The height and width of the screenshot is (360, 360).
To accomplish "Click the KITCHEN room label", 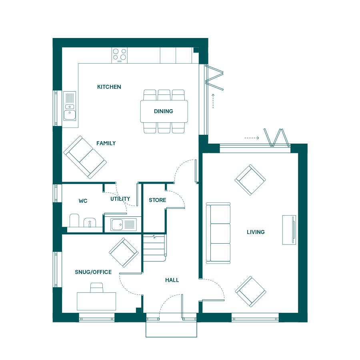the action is (x=109, y=87).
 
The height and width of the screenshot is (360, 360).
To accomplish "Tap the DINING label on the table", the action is (x=164, y=111).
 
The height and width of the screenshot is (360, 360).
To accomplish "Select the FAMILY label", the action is (x=106, y=143).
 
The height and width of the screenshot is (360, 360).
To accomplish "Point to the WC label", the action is (x=83, y=201).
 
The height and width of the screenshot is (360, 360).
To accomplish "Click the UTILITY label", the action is (x=120, y=199).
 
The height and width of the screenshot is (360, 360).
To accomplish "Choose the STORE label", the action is (x=158, y=200).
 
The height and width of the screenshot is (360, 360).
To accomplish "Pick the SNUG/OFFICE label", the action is (x=93, y=272).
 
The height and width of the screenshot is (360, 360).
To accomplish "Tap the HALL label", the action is (x=172, y=280).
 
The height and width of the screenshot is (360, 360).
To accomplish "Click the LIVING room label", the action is (x=256, y=232).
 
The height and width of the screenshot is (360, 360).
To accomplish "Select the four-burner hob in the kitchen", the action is (x=119, y=55).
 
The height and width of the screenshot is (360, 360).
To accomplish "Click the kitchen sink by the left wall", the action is (x=70, y=106).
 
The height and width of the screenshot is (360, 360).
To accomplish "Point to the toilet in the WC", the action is (x=74, y=220).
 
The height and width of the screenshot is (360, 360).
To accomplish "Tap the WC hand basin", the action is (x=90, y=222).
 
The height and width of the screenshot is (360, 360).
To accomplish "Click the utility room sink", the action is (x=124, y=224).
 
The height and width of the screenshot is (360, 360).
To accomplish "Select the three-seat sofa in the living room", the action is (x=218, y=233).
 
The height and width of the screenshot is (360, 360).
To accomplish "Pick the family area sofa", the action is (x=85, y=157).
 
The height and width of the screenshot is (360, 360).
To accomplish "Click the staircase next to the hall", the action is (x=154, y=248).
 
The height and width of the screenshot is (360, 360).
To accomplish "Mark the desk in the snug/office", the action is (x=96, y=301).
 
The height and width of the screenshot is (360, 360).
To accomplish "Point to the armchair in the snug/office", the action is (x=124, y=252).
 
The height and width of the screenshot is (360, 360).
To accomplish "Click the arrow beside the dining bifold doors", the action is (x=213, y=101).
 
